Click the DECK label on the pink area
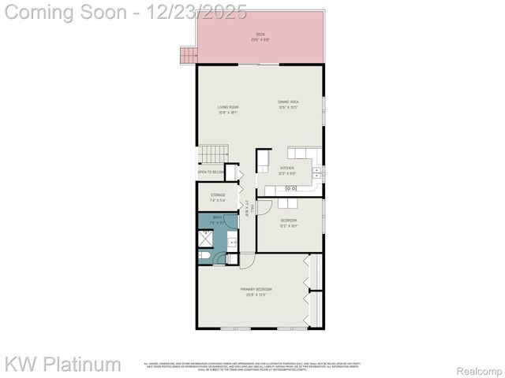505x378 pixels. point(260,35)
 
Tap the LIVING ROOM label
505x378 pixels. point(228,107)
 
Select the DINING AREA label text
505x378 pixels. point(287,102)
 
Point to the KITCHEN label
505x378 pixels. point(287,169)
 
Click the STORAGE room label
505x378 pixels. point(218,195)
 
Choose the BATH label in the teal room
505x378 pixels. point(217,217)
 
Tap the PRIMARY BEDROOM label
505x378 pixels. point(257,290)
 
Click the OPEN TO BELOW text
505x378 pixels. point(211,172)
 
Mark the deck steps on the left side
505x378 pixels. point(188,55)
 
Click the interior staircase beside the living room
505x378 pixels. point(212,154)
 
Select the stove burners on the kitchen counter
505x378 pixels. point(290,188)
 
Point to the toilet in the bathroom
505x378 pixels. point(204,257)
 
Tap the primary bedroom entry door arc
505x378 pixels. point(247,259)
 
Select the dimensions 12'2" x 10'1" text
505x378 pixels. point(290,226)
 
